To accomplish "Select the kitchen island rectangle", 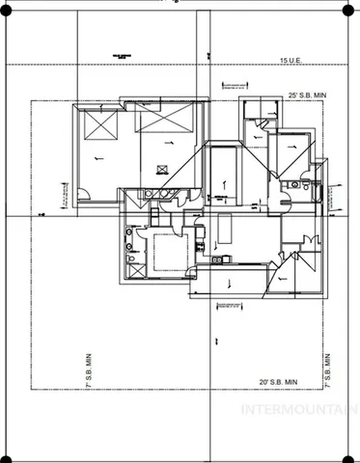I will (x=228, y=231).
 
